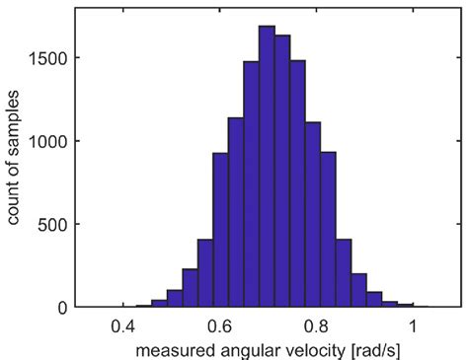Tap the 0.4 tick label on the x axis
tap(123, 325)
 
